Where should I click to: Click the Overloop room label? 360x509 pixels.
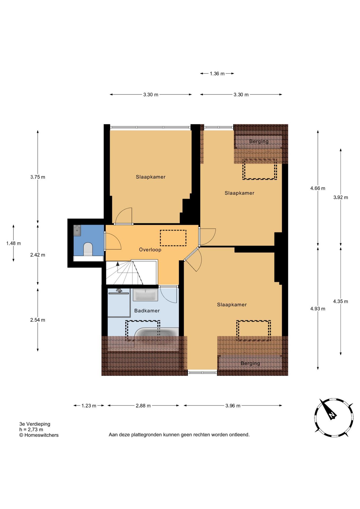(x=150, y=250)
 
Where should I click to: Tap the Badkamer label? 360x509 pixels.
(x=147, y=311)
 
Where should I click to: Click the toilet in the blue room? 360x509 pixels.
(x=88, y=249)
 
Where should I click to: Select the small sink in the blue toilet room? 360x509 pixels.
(x=77, y=230)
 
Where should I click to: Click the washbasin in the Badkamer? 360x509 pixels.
(x=145, y=295)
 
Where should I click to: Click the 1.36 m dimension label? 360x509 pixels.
(x=217, y=74)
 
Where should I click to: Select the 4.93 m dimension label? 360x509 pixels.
(x=318, y=309)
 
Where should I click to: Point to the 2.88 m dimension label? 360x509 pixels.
(x=143, y=406)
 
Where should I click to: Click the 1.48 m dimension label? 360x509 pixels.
(x=14, y=243)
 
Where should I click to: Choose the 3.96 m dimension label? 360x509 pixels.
(x=233, y=406)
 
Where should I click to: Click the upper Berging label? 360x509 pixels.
(x=259, y=141)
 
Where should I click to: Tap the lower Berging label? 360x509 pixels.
(x=250, y=363)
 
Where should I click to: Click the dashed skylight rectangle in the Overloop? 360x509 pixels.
(x=173, y=238)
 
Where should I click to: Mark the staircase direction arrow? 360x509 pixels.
(x=117, y=264)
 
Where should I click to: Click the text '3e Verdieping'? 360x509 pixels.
(x=35, y=424)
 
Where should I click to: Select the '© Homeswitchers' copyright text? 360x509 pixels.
(x=39, y=435)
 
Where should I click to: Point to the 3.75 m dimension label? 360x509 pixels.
(x=38, y=177)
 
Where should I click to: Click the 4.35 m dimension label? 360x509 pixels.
(x=341, y=301)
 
